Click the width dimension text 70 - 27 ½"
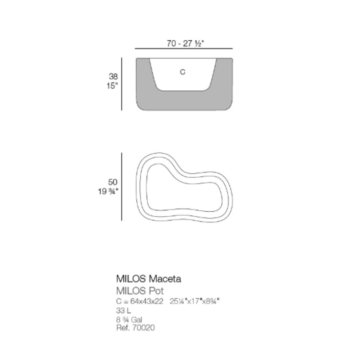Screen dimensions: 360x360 click(x=185, y=44)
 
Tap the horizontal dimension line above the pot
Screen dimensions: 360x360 click(x=184, y=49)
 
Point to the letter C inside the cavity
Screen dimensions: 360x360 click(x=183, y=72)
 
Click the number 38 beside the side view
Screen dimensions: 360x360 click(x=113, y=76)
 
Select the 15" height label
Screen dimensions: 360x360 click(x=112, y=86)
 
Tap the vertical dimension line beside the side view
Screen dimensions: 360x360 click(x=122, y=84)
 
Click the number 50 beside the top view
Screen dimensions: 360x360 click(x=113, y=182)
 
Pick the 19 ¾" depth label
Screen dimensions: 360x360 click(x=108, y=191)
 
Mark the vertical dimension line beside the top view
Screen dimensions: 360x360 click(x=122, y=186)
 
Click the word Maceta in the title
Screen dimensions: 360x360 click(x=165, y=279)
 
